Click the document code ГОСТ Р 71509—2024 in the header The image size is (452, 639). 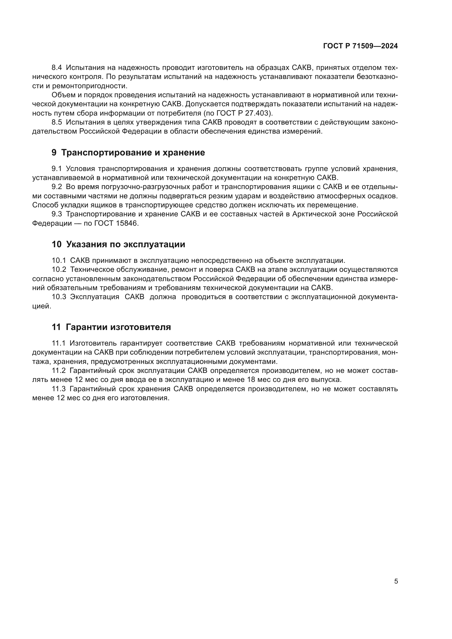tap(360, 46)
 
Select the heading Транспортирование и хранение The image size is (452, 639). tap(133, 152)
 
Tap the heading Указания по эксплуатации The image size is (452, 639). tap(125, 244)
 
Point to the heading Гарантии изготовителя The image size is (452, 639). tap(118, 327)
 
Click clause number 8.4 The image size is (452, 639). tap(57, 68)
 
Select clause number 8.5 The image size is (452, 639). tap(57, 122)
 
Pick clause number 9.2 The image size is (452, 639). tap(57, 187)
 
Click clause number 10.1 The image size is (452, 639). tap(59, 261)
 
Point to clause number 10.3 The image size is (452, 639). tap(59, 297)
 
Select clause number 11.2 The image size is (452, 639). tap(59, 371)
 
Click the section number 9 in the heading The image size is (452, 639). tap(54, 152)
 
